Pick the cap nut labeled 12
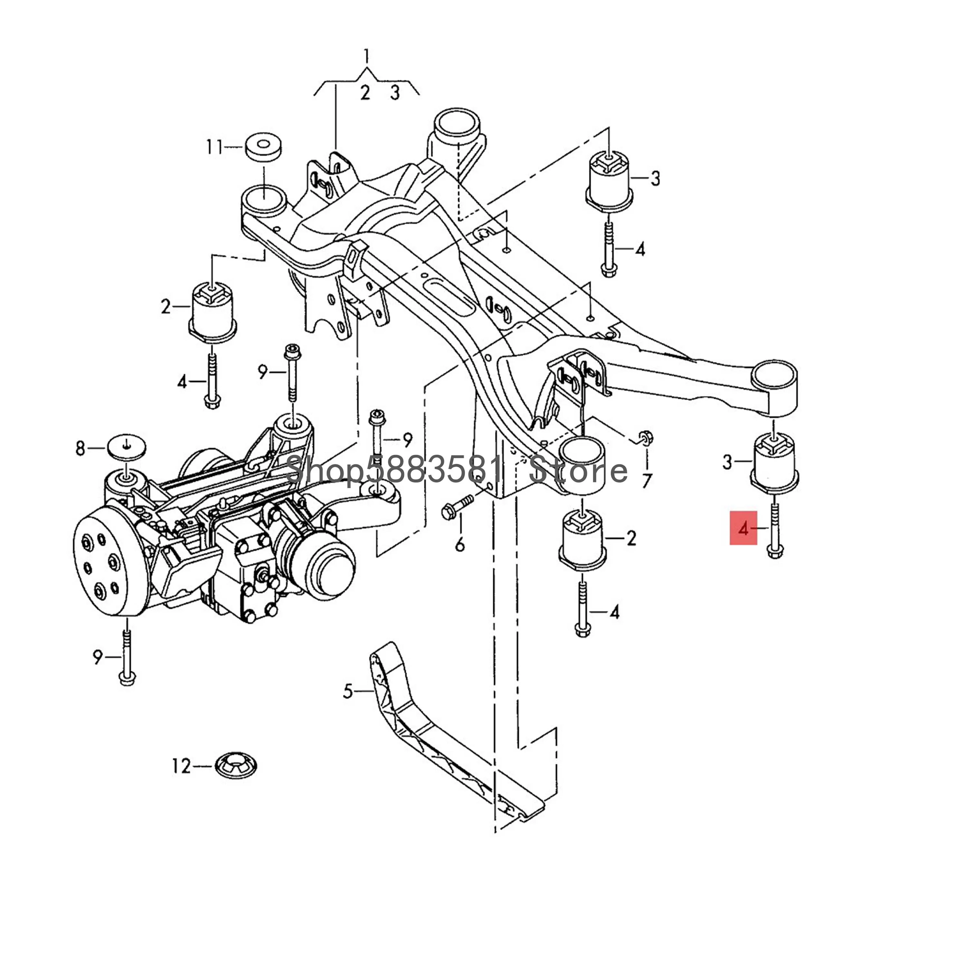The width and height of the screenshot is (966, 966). pyautogui.click(x=236, y=780)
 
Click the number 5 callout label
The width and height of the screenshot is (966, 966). pyautogui.click(x=348, y=692)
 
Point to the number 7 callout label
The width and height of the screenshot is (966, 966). pyautogui.click(x=647, y=481)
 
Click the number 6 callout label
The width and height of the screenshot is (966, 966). pyautogui.click(x=459, y=544)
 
